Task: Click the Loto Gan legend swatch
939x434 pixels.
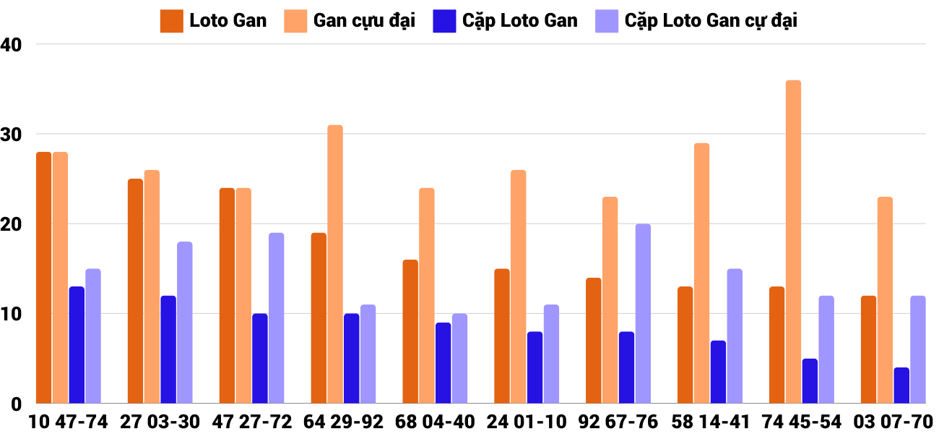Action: point(171,21)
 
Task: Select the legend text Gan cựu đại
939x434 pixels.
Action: point(364,21)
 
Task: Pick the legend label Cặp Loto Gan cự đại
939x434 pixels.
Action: point(711,21)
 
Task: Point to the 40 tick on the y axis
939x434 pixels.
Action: point(12,45)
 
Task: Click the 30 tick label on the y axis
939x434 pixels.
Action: point(12,135)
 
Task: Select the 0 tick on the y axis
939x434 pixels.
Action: point(17,404)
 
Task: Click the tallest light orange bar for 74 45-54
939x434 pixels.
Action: point(793,242)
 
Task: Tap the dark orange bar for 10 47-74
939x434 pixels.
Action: point(43,278)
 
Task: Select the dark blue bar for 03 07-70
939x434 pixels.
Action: point(901,386)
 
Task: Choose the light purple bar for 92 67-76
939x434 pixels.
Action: point(643,314)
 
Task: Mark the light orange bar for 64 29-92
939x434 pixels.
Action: point(335,264)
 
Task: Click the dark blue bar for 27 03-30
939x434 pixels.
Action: point(168,349)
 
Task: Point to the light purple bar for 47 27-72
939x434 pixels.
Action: point(276,318)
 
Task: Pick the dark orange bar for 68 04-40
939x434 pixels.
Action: point(410,331)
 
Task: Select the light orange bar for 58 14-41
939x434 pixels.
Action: point(701,273)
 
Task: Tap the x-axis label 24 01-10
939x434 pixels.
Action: point(526,422)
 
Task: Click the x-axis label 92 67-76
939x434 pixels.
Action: point(618,422)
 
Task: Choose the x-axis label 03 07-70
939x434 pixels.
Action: point(893,422)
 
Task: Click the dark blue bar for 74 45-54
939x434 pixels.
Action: point(810,381)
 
